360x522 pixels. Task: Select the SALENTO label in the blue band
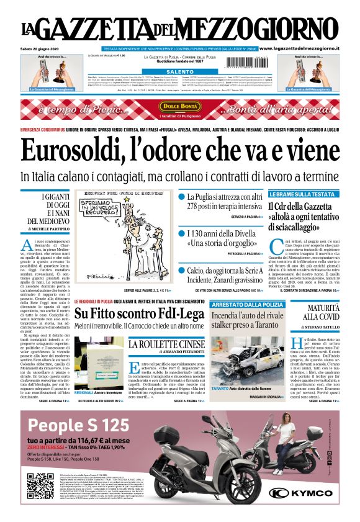[x=180, y=72]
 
